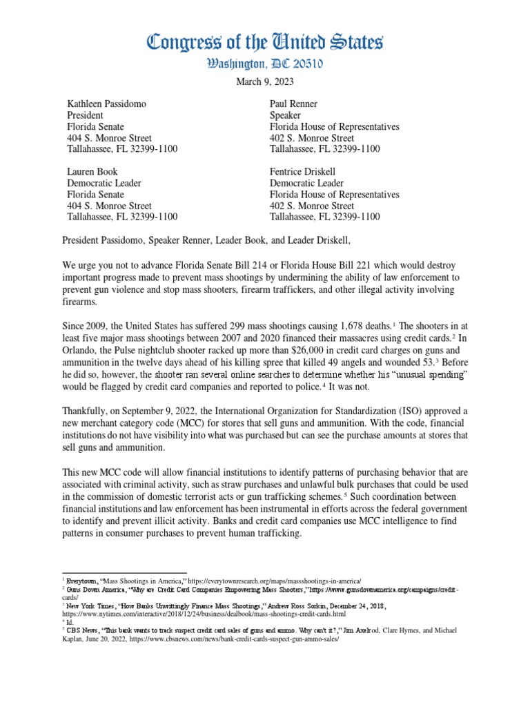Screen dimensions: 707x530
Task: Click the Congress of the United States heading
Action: point(264,43)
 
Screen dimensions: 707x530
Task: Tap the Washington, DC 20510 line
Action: point(264,65)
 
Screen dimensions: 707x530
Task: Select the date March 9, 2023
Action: point(264,81)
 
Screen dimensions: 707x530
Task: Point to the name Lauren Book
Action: point(92,171)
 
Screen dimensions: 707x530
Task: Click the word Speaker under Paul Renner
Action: point(288,115)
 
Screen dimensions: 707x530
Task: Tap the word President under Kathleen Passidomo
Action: point(86,115)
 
